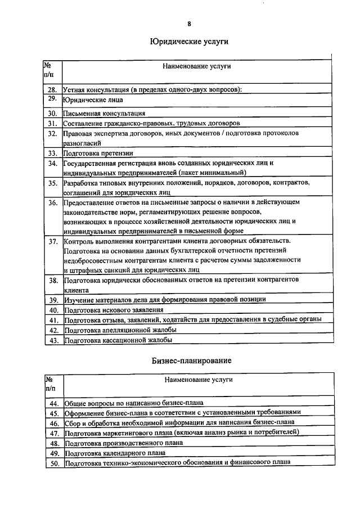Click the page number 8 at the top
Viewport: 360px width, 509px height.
click(189, 24)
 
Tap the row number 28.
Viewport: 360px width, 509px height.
click(52, 89)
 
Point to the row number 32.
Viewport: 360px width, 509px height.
click(52, 134)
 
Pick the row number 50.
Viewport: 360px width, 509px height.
click(54, 463)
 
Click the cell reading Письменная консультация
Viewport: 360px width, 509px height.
click(105, 113)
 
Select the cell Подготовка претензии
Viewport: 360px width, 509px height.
click(98, 153)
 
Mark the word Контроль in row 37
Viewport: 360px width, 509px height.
click(80, 241)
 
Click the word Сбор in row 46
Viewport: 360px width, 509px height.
click(73, 422)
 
